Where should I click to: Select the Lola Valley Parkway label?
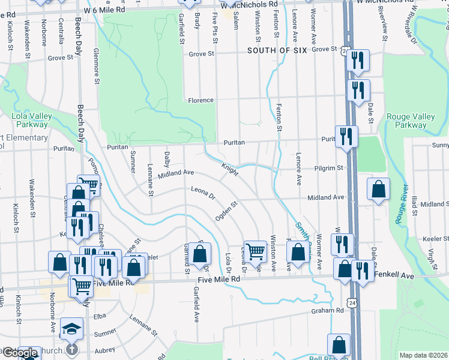tap(29, 121)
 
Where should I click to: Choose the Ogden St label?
tap(227, 211)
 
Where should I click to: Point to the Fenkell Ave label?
tap(394, 275)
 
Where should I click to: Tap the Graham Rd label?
tap(327, 311)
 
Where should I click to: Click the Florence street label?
tap(200, 100)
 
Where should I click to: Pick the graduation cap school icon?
tap(71, 328)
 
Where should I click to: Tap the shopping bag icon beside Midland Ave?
tap(378, 190)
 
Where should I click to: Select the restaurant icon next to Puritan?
tap(346, 136)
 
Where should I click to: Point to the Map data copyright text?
tap(423, 355)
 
